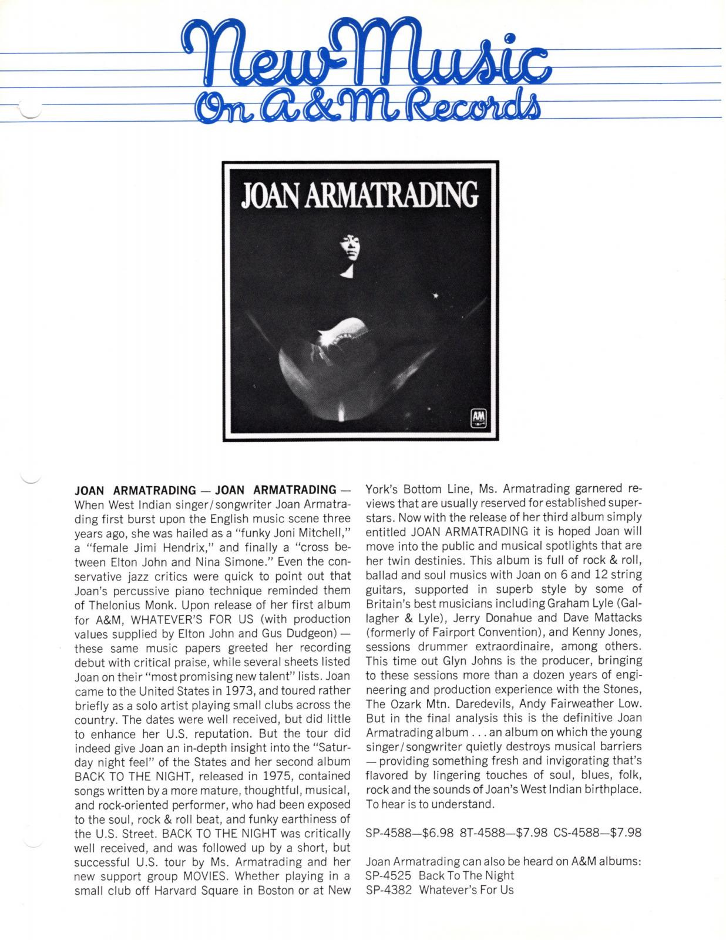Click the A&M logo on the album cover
tap(476, 418)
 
